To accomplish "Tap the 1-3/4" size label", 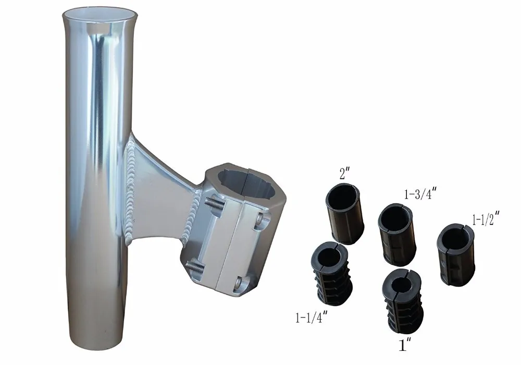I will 420,196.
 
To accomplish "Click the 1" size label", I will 402,345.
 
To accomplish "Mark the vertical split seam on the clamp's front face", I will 225,250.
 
